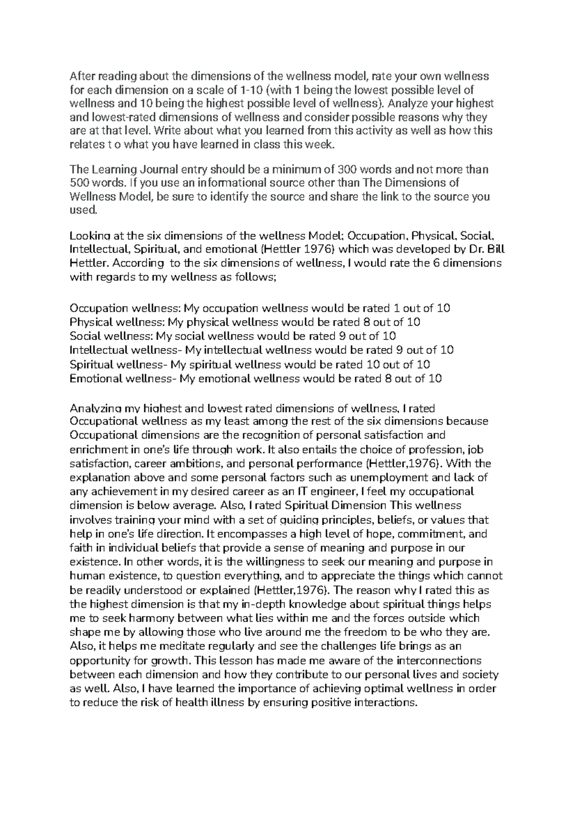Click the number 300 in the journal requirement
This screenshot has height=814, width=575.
[347, 169]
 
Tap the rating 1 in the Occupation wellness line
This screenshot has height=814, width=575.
[396, 308]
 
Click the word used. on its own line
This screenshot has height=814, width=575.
[83, 209]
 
